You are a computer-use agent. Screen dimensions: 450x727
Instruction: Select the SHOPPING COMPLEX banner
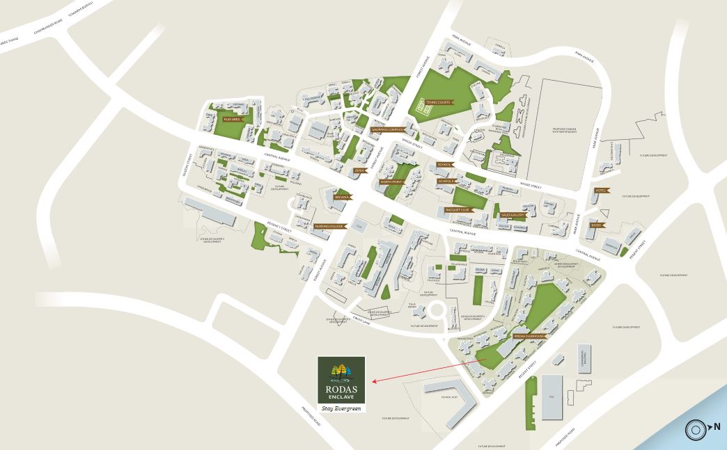(x=387, y=129)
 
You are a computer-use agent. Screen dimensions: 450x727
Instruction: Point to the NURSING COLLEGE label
(x=329, y=227)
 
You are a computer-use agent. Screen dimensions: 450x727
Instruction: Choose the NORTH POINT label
(x=391, y=182)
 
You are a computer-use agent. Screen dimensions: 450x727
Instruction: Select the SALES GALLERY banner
(x=512, y=216)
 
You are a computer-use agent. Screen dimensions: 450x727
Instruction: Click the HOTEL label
(x=600, y=190)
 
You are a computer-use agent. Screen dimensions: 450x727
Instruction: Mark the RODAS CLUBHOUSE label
(x=529, y=337)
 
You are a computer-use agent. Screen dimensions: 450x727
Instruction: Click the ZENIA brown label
(x=360, y=170)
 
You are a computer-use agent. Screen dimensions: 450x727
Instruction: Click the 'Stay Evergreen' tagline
(x=341, y=408)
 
